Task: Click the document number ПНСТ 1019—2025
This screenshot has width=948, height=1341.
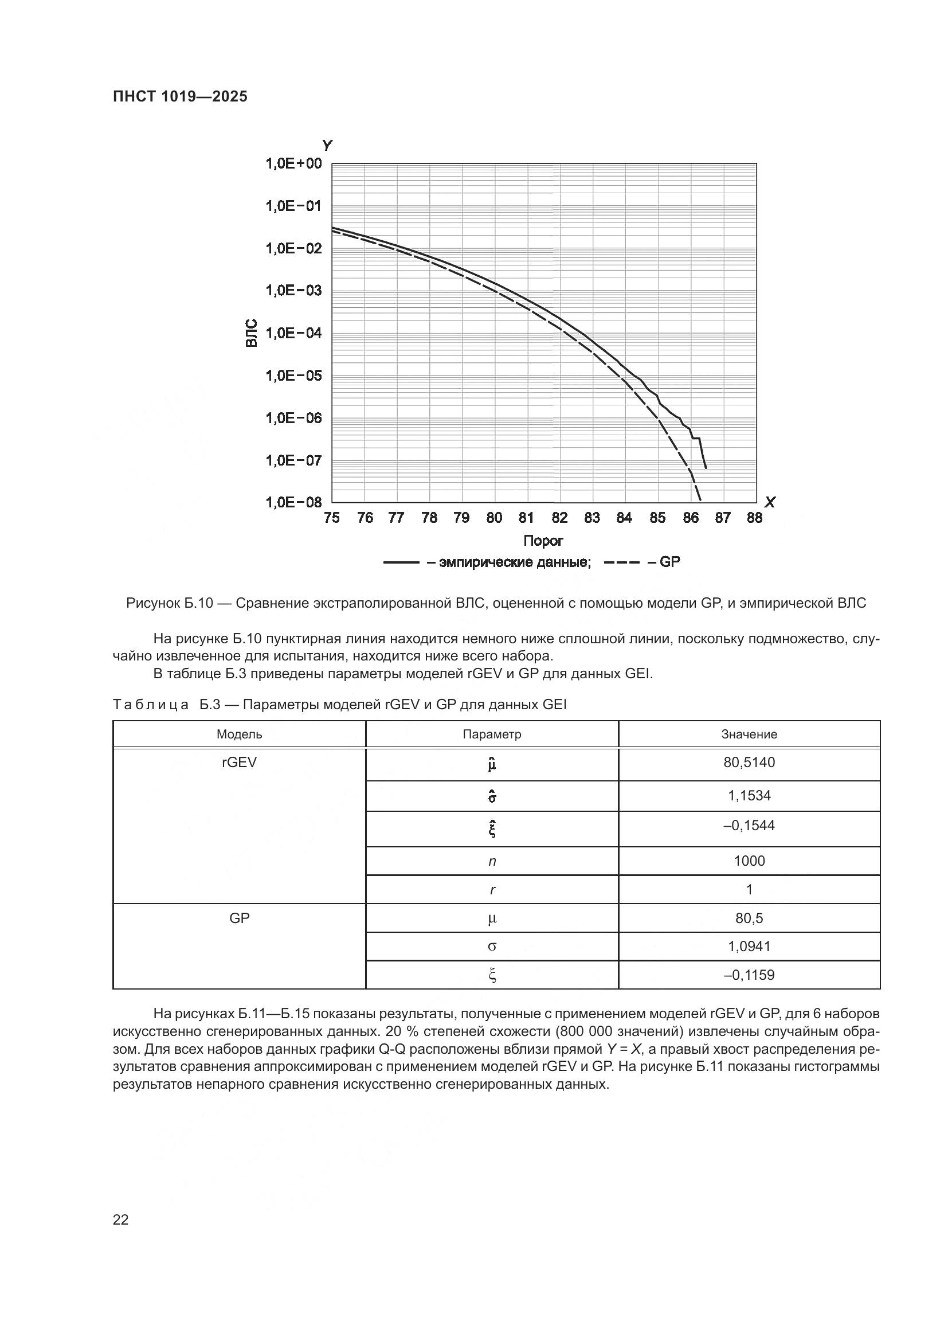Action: tap(180, 96)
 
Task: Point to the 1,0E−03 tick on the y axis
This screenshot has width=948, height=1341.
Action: tap(293, 290)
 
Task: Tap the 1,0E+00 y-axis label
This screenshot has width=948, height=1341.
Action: tap(293, 163)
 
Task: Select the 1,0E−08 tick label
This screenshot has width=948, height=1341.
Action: tap(293, 502)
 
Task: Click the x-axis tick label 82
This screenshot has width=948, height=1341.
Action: tap(559, 518)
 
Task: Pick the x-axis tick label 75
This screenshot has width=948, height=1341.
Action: tap(331, 518)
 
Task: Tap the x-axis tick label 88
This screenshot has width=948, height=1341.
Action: tap(754, 518)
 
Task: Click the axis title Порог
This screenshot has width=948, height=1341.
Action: tap(543, 541)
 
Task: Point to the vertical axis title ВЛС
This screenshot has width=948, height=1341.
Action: tap(251, 333)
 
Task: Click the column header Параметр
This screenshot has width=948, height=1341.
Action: tap(492, 734)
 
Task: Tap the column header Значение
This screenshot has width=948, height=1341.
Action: tap(749, 734)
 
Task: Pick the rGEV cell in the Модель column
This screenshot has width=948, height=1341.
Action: tap(240, 762)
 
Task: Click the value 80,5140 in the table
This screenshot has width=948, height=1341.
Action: tap(749, 762)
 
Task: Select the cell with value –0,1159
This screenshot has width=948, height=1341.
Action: tap(749, 975)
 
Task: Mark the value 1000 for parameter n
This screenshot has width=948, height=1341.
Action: tap(749, 861)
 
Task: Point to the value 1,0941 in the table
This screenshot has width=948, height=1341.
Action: tap(749, 946)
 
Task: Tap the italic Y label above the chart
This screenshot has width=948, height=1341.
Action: tap(327, 146)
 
